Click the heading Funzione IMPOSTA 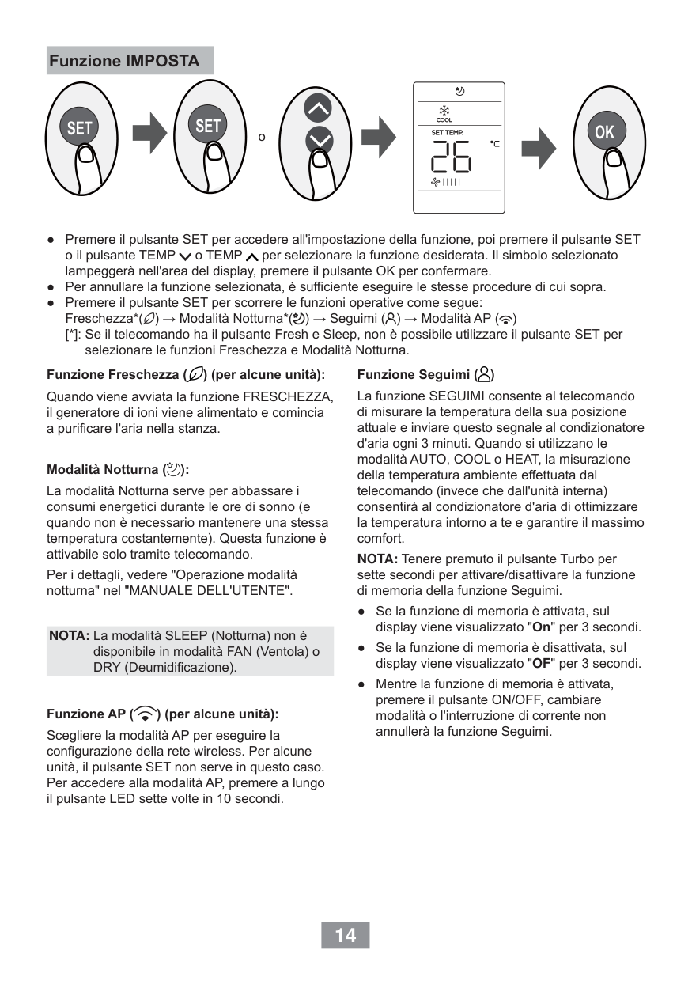(x=124, y=61)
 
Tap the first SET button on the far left (x=79, y=127)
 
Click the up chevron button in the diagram (x=319, y=109)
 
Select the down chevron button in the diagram (x=319, y=140)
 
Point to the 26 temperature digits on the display (x=450, y=158)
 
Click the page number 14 (x=345, y=935)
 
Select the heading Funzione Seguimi (x=427, y=374)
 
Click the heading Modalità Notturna (x=118, y=469)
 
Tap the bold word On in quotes (x=542, y=627)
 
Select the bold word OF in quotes (x=542, y=663)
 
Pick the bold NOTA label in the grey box (x=69, y=635)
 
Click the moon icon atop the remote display (x=459, y=91)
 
